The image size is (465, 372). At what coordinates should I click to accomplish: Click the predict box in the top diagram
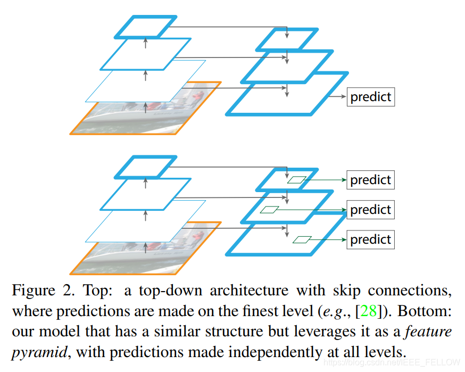pos(371,97)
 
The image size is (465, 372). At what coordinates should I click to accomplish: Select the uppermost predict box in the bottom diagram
pos(371,180)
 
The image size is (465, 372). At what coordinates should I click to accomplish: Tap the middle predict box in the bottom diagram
pos(371,210)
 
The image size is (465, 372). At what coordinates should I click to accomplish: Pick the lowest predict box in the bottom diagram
pos(371,239)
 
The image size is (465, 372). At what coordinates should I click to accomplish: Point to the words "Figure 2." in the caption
pos(41,291)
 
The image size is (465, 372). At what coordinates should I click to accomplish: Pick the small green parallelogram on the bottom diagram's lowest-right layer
pos(302,239)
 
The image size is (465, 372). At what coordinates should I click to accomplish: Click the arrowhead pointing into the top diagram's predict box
pos(343,97)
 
